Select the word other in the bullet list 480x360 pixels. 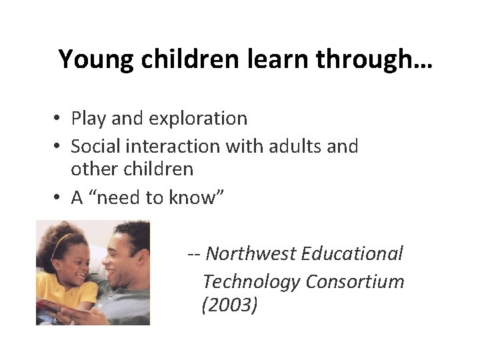click(x=90, y=169)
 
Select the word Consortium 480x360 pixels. click(x=355, y=281)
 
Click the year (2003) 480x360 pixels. click(x=228, y=306)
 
